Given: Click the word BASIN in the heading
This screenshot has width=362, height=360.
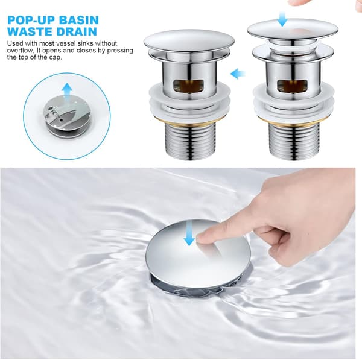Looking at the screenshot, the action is [78, 20].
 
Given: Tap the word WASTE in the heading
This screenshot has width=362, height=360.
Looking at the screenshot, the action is [28, 31].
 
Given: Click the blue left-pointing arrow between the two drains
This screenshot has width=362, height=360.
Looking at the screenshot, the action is [238, 74].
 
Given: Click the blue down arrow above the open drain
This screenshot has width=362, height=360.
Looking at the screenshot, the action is [282, 19].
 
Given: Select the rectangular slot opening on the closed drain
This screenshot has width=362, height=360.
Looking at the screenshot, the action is [189, 86].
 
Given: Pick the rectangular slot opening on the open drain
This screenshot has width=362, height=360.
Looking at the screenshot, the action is [293, 86].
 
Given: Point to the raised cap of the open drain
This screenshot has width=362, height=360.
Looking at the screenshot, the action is [293, 30].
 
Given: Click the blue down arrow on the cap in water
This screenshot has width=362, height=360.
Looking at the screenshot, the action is [189, 233].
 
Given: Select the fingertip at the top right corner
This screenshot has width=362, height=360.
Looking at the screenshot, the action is [300, 3].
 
